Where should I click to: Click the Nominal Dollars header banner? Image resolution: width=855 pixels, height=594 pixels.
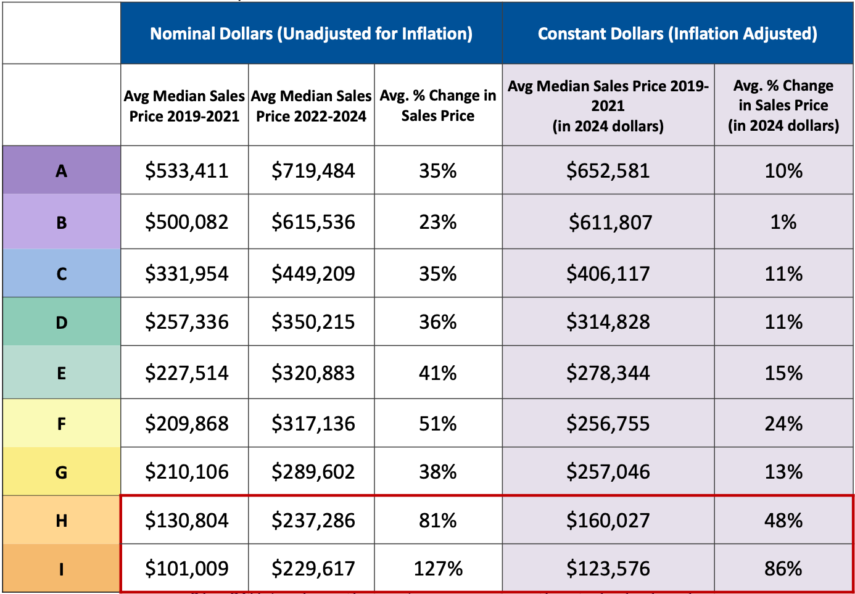[x=311, y=33]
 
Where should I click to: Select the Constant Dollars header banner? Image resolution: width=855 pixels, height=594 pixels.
[x=677, y=33]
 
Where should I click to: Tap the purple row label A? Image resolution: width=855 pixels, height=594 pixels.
[x=61, y=171]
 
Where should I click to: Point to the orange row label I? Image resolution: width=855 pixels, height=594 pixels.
[x=61, y=569]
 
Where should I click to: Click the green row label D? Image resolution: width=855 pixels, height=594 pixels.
[x=61, y=322]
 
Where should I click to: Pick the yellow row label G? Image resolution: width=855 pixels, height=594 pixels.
[x=61, y=472]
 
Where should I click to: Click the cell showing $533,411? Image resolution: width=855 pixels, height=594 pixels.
[x=186, y=171]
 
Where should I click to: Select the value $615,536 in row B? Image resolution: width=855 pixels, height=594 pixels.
[x=313, y=222]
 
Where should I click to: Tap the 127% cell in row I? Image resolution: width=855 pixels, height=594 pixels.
[x=438, y=569]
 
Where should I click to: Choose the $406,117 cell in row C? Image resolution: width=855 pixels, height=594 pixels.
[x=608, y=274]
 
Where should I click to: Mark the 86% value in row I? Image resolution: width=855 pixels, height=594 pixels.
[x=783, y=569]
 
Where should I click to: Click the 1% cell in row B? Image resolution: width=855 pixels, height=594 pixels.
[x=783, y=222]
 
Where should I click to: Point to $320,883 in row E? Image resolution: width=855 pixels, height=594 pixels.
[x=313, y=373]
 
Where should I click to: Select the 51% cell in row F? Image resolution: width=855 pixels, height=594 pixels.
[x=438, y=424]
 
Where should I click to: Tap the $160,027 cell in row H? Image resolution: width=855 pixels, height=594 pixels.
[x=608, y=521]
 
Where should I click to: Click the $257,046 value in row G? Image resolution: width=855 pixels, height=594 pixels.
[x=608, y=472]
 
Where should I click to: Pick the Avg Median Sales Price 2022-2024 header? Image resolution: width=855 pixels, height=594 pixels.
[x=311, y=106]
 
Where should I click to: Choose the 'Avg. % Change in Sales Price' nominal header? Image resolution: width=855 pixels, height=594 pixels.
[x=438, y=105]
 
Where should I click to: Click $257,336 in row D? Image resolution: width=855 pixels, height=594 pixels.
[x=186, y=322]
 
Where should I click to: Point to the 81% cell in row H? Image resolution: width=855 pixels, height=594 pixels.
[x=438, y=521]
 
